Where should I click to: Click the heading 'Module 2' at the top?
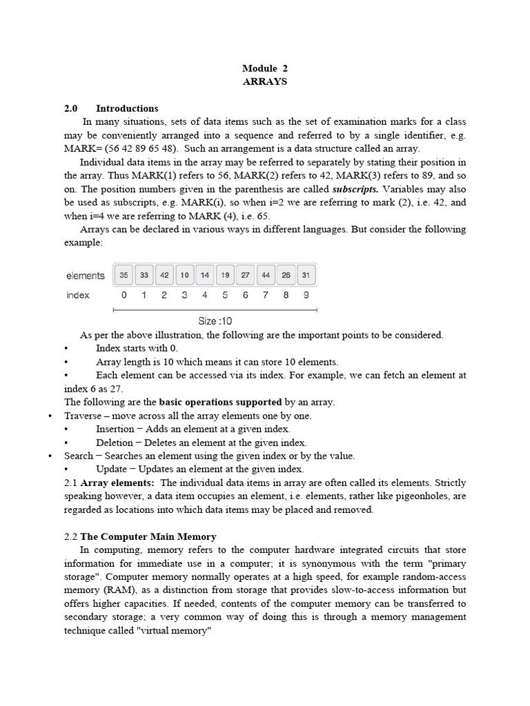pos(264,68)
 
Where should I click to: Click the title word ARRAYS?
pos(264,81)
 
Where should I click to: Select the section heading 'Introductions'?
pos(127,108)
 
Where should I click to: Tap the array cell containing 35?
pos(124,275)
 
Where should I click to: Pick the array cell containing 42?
pos(164,275)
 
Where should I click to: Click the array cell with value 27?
pos(246,275)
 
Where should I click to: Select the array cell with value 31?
pos(306,275)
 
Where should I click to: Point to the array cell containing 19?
pos(226,275)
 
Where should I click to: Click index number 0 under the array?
pos(124,295)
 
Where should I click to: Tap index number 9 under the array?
pos(306,295)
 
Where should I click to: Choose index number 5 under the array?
pos(226,295)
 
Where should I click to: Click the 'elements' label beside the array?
pos(86,276)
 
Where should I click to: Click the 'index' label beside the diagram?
pos(78,295)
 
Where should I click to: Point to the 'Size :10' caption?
pos(215,321)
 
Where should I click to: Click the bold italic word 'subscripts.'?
pos(355,188)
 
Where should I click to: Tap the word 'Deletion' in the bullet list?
pos(114,443)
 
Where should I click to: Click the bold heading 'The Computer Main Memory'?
pos(148,536)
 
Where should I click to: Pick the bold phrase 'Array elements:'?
pos(117,483)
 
